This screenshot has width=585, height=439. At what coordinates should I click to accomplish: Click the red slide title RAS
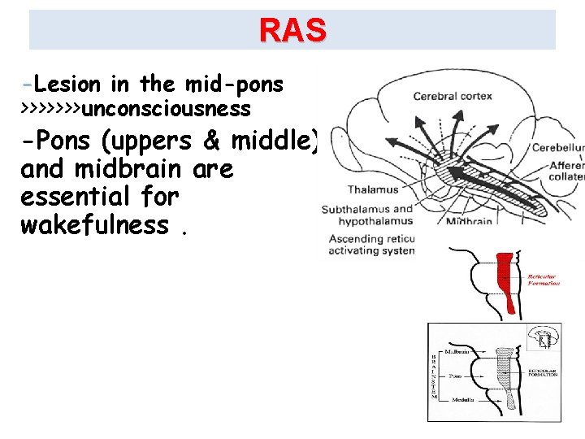(x=292, y=30)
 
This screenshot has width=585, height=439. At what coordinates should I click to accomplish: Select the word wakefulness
(x=94, y=224)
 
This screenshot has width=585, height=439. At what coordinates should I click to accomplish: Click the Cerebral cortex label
(x=453, y=96)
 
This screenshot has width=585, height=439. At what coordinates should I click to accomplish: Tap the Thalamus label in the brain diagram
(x=373, y=189)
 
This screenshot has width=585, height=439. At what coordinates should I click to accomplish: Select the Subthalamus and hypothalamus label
(x=367, y=215)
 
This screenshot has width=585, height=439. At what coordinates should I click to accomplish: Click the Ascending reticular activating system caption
(x=371, y=245)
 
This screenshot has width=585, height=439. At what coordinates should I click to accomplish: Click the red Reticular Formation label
(x=544, y=280)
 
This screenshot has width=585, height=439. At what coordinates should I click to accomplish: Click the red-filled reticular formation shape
(x=505, y=280)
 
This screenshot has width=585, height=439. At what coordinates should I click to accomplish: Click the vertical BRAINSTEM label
(x=434, y=374)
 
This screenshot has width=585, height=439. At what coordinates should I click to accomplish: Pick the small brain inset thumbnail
(x=544, y=337)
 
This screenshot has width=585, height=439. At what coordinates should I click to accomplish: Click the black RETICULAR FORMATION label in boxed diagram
(x=542, y=372)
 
